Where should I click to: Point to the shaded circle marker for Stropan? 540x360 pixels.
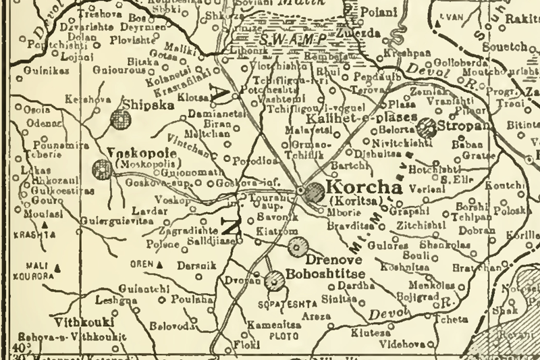[427, 126]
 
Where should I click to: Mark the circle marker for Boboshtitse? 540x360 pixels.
[274, 279]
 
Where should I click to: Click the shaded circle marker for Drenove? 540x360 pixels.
[296, 247]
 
